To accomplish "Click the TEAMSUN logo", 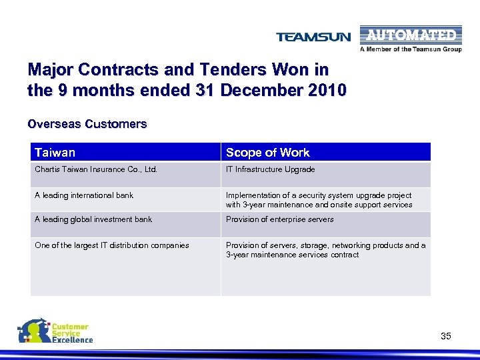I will pyautogui.click(x=313, y=37).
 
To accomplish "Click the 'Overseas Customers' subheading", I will pyautogui.click(x=87, y=124).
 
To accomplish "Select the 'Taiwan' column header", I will pyautogui.click(x=55, y=153).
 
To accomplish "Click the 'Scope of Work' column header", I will pyautogui.click(x=267, y=153).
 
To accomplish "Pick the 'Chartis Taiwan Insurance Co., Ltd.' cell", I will pyautogui.click(x=96, y=169).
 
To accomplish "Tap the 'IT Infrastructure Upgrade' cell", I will pyautogui.click(x=270, y=169).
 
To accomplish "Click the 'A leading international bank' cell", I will pyautogui.click(x=84, y=195).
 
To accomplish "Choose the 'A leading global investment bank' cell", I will pyautogui.click(x=93, y=219).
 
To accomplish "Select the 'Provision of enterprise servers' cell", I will pyautogui.click(x=279, y=219).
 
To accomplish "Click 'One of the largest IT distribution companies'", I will pyautogui.click(x=112, y=245).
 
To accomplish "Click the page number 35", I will pyautogui.click(x=446, y=336).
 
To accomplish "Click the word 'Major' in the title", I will pyautogui.click(x=49, y=70).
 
